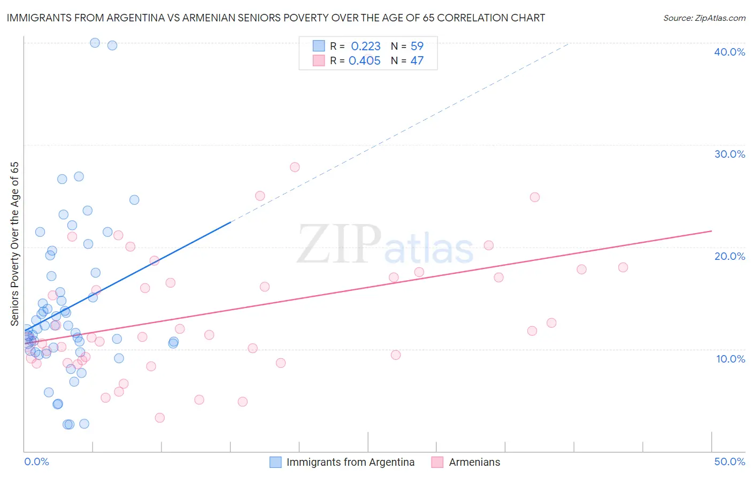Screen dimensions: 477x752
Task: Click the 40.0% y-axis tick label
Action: [x=730, y=52]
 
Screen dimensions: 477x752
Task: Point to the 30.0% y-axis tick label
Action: [x=730, y=154]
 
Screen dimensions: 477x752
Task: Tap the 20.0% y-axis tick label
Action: [x=730, y=256]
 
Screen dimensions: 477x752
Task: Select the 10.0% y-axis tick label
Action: [x=731, y=359]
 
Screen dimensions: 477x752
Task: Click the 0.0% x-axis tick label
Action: [x=36, y=461]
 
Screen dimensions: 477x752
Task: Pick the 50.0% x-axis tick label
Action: [x=730, y=461]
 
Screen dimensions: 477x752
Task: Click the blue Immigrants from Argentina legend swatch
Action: [x=275, y=462]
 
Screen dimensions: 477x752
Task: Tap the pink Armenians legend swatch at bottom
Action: [x=438, y=462]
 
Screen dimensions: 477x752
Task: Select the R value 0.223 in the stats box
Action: [x=366, y=47]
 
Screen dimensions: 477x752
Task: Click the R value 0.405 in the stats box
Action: [x=365, y=61]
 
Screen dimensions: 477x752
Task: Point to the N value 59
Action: [x=417, y=47]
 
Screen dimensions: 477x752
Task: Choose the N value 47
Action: [x=417, y=61]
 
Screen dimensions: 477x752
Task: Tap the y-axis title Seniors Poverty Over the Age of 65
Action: [x=15, y=243]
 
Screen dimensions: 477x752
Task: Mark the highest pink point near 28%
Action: [x=295, y=167]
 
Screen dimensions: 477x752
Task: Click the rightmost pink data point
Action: [x=623, y=267]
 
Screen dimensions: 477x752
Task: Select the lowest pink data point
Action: [x=159, y=418]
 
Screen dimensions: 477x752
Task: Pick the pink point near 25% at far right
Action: [x=535, y=197]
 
